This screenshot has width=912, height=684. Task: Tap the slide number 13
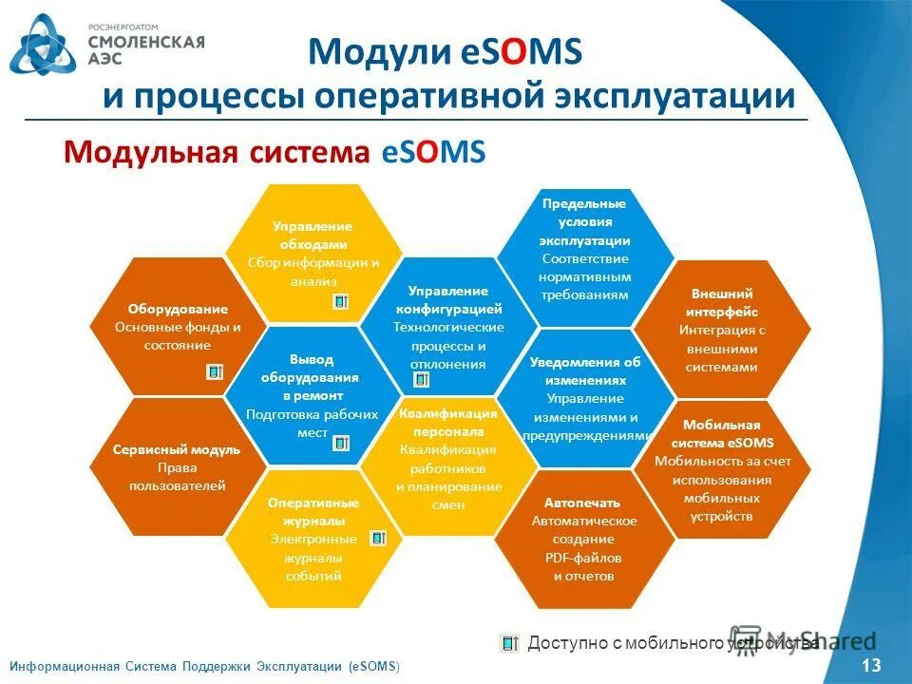click(x=871, y=664)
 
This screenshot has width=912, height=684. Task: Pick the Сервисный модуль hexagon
click(x=178, y=465)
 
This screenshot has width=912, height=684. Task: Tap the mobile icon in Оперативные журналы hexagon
click(x=378, y=539)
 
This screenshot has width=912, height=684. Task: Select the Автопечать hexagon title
click(x=582, y=503)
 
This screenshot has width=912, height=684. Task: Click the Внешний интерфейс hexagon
click(x=722, y=329)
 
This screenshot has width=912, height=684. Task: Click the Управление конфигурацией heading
click(x=448, y=300)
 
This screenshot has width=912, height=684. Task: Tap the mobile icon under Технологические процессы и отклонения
click(x=423, y=380)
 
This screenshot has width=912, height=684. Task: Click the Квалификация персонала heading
click(x=447, y=422)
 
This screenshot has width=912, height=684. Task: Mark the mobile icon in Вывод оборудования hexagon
click(x=341, y=443)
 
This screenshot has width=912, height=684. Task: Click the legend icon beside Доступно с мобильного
click(x=510, y=643)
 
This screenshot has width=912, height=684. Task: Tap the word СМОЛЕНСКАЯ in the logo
click(x=144, y=43)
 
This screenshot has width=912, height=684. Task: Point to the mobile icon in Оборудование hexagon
click(x=215, y=371)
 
